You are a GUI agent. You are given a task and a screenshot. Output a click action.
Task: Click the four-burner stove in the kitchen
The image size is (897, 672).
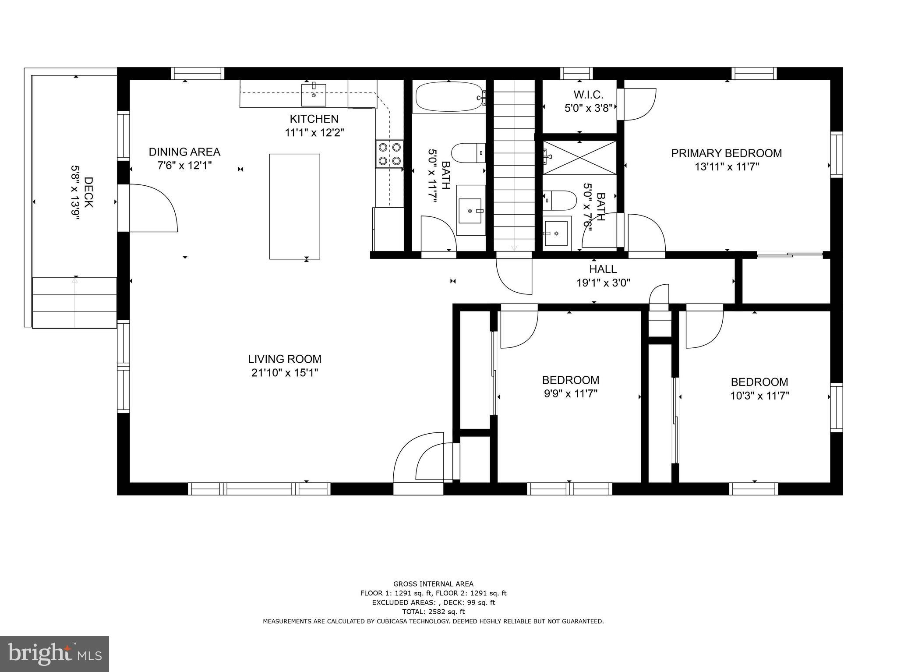389,154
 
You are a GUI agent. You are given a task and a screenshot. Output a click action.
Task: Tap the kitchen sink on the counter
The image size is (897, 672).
314,95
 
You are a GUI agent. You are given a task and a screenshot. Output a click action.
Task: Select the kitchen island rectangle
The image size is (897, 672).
294,206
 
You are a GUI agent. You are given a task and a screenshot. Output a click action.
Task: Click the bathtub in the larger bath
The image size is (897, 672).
449,97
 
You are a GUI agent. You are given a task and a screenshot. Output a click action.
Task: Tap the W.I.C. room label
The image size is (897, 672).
588,94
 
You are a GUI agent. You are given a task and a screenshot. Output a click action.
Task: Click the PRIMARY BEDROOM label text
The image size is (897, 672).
726,153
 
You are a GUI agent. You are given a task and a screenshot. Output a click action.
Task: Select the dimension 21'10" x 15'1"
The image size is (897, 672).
284,373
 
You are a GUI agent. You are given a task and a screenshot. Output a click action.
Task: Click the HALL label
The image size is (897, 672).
603,269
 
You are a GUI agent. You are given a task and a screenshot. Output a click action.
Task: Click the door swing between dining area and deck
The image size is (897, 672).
151,209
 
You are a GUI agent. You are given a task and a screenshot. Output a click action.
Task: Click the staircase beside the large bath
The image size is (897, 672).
514,166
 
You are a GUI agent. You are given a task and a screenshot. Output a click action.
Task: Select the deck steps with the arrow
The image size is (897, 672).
74,302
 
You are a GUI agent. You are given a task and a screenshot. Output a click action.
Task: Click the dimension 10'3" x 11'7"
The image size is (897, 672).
759,396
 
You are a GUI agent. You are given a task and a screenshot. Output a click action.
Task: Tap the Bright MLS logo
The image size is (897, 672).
54,654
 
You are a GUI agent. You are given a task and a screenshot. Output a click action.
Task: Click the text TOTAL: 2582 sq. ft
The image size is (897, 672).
433,612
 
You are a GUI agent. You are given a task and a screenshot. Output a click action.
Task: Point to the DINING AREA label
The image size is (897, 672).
184,152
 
